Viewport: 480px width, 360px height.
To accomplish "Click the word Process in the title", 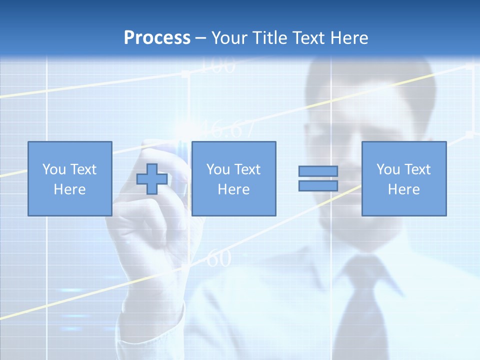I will pyautogui.click(x=157, y=38).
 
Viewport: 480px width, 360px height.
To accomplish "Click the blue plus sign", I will pyautogui.click(x=152, y=178).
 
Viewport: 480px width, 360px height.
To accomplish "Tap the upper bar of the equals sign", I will pyautogui.click(x=318, y=171).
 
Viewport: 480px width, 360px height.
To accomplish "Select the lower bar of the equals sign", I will pyautogui.click(x=318, y=186).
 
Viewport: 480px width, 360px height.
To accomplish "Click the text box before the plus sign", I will pyautogui.click(x=69, y=178).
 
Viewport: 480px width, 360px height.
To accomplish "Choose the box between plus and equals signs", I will pyautogui.click(x=233, y=178).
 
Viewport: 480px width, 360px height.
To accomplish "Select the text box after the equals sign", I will pyautogui.click(x=403, y=178).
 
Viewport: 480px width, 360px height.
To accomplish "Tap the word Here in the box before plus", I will pyautogui.click(x=69, y=189).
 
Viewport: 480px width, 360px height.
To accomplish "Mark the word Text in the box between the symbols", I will pyautogui.click(x=248, y=169).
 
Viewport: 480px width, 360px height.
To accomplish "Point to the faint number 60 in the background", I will pyautogui.click(x=218, y=259).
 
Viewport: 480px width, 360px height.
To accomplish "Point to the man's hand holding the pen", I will pyautogui.click(x=145, y=210).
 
